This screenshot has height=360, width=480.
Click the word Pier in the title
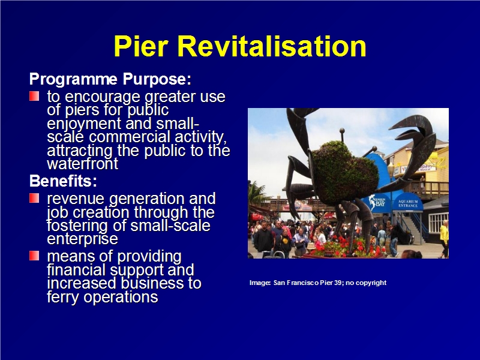tap(141, 46)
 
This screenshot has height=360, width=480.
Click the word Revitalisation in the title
tap(272, 46)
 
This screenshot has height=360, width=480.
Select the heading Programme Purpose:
tap(110, 79)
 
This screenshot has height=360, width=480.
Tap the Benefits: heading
tap(63, 181)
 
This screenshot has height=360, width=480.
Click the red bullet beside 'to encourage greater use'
tap(34, 96)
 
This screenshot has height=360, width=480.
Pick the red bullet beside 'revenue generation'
tap(34, 198)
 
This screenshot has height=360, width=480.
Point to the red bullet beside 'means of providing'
tap(34, 256)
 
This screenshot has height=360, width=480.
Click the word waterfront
tap(83, 164)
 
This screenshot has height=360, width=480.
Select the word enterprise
tap(83, 239)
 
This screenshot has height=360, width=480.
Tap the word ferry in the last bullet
tap(64, 296)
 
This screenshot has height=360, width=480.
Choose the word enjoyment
tap(84, 124)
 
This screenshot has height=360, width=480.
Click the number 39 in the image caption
tap(338, 283)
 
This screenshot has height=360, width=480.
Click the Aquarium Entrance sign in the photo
tap(408, 203)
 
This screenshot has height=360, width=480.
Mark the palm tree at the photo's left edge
tap(256, 193)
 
